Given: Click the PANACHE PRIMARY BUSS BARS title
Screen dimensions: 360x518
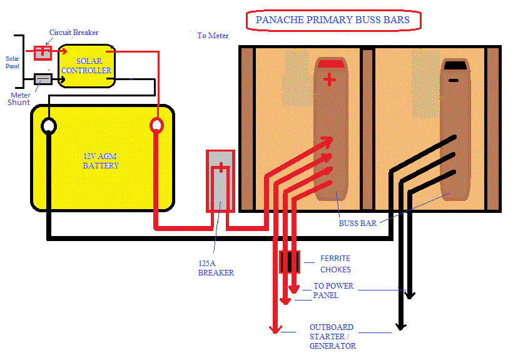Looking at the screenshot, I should [332, 20].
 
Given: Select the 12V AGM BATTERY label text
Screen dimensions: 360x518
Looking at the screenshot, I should [101, 161].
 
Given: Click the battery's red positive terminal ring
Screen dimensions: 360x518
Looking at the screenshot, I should [156, 126].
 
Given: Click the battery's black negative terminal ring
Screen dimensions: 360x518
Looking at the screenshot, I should [48, 126].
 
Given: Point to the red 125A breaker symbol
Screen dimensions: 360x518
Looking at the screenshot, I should [220, 180].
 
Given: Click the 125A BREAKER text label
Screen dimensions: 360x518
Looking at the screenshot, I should [216, 268].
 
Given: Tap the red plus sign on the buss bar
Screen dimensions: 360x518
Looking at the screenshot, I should [329, 80].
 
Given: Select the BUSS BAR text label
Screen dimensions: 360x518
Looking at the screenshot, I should [357, 222].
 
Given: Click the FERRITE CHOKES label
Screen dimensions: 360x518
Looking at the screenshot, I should [335, 264].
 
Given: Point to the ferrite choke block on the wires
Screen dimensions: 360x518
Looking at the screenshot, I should [289, 262].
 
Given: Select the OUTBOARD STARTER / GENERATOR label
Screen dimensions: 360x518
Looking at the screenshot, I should [332, 336].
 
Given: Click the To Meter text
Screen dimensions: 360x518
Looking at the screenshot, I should [213, 36].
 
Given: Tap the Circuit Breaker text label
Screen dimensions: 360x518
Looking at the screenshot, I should [74, 33].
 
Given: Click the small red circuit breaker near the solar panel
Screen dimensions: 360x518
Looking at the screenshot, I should [43, 53].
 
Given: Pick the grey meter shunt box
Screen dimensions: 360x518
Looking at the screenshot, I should [43, 79].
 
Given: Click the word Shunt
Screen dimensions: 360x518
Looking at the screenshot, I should [19, 102].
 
